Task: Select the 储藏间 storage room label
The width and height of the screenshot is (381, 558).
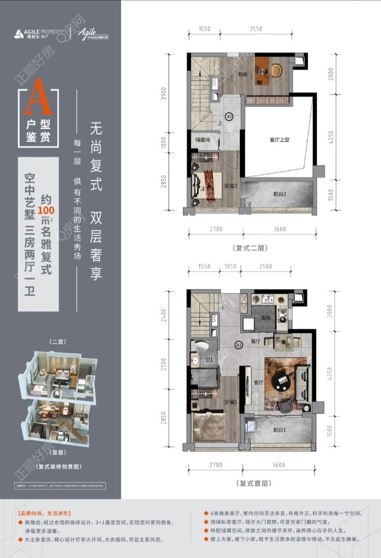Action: pyautogui.click(x=203, y=140)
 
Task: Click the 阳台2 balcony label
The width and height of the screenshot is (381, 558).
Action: pyautogui.click(x=282, y=194)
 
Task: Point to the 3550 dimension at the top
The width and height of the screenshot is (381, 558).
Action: pyautogui.click(x=256, y=29)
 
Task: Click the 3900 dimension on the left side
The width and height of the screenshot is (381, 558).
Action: pyautogui.click(x=164, y=95)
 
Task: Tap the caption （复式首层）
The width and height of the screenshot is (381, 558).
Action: pyautogui.click(x=252, y=483)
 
